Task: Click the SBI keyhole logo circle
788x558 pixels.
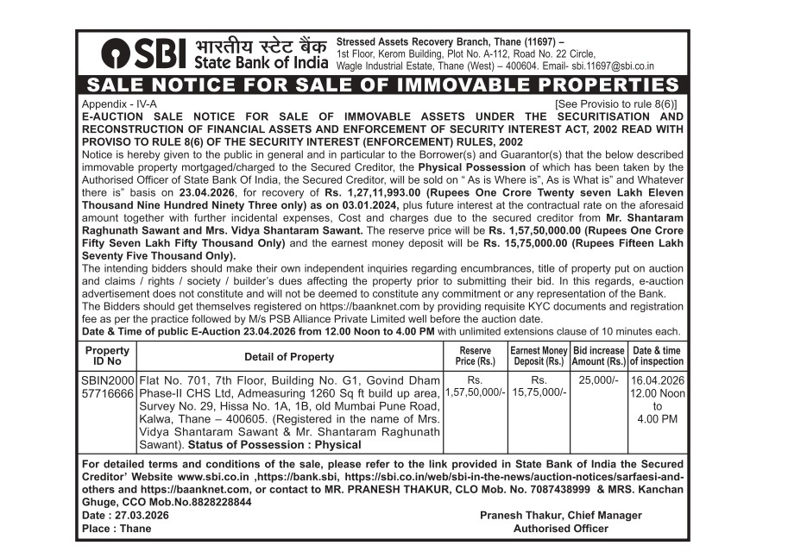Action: tap(115, 54)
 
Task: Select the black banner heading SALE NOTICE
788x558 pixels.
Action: tap(383, 85)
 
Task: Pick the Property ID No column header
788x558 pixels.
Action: tap(107, 356)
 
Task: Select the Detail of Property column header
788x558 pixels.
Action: tap(288, 356)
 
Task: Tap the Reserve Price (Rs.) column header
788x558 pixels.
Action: tap(475, 356)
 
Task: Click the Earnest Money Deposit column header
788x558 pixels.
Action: tap(539, 356)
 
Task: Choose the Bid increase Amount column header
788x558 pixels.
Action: tap(598, 356)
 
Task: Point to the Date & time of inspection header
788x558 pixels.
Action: tap(657, 356)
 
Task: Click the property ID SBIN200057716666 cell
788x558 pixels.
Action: tap(107, 386)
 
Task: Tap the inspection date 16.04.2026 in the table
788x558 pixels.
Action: tap(658, 379)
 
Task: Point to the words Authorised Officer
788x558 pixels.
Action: tap(561, 529)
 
